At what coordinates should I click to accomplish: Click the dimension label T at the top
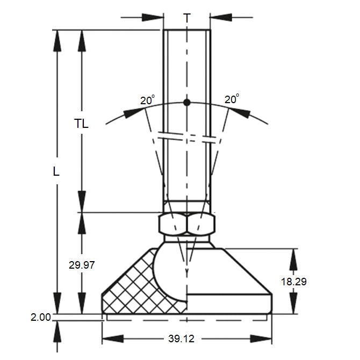(186, 17)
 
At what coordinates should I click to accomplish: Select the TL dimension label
(81, 124)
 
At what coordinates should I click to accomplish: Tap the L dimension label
(56, 172)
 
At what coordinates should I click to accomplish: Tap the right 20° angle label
(232, 99)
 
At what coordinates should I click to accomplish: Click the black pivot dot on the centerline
(186, 103)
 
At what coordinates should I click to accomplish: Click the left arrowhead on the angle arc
(135, 112)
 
